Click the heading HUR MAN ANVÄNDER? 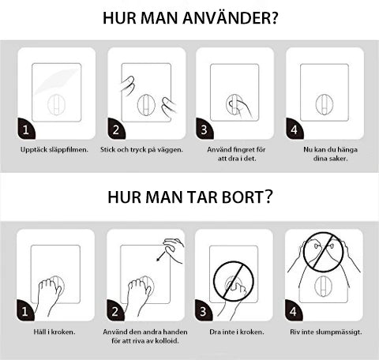(189, 18)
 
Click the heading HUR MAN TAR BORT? (189, 197)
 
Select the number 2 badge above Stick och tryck (116, 129)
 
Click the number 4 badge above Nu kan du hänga (295, 129)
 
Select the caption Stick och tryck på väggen (141, 149)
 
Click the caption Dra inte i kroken (234, 332)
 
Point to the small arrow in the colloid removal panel (161, 256)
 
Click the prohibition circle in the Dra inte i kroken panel (234, 283)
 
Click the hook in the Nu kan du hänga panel (324, 104)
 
